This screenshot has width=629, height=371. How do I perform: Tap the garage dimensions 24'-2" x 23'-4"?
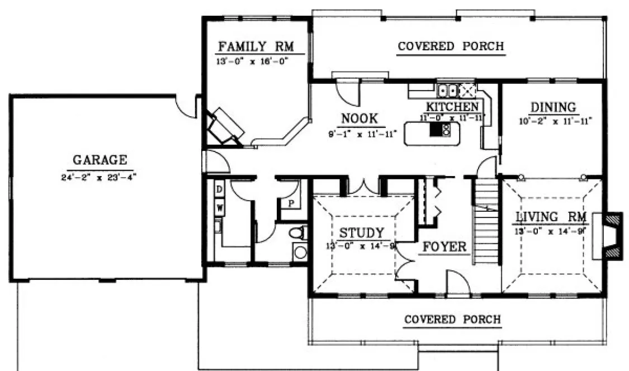99,177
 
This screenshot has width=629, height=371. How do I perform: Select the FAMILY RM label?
256,46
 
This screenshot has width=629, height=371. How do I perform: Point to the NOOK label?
360,118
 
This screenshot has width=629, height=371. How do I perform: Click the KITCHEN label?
452,106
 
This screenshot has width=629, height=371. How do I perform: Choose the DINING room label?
553,107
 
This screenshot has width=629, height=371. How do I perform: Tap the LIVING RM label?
551,217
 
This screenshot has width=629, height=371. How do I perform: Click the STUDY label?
362,232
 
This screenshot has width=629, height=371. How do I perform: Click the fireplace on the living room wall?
611,235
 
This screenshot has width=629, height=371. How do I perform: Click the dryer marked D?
220,191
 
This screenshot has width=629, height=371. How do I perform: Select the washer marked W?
220,208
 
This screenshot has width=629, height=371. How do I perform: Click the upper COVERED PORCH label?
451,46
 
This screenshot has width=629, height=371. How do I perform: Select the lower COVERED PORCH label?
452,320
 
